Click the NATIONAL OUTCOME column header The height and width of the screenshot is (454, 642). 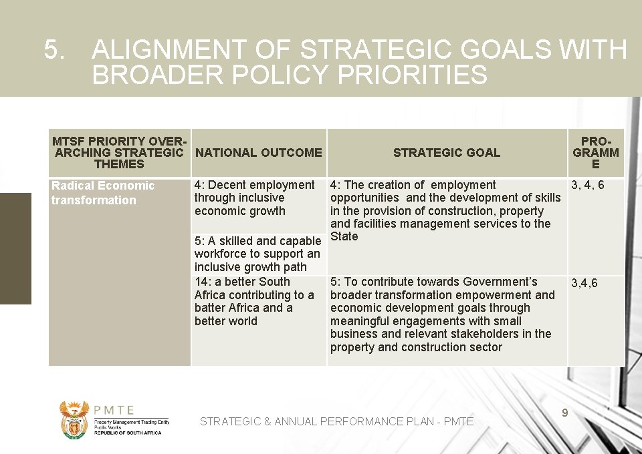pyautogui.click(x=258, y=153)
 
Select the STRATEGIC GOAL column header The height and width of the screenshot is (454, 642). pyautogui.click(x=446, y=153)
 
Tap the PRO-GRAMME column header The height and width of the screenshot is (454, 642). pyautogui.click(x=595, y=153)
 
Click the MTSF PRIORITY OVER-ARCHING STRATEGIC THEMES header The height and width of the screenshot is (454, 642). pyautogui.click(x=119, y=153)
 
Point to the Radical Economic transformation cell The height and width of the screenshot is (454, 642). pyautogui.click(x=103, y=193)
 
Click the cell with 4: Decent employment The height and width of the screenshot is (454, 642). pyautogui.click(x=254, y=198)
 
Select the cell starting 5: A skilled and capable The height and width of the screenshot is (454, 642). pyautogui.click(x=257, y=254)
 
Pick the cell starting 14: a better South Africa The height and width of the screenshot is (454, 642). pyautogui.click(x=254, y=301)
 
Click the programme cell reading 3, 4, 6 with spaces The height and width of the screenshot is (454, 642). pyautogui.click(x=586, y=185)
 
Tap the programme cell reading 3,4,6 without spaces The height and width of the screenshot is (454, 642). pyautogui.click(x=584, y=284)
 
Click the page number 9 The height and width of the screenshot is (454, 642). pyautogui.click(x=565, y=413)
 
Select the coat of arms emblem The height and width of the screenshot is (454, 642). pyautogui.click(x=74, y=419)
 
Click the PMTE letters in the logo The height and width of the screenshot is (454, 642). pyautogui.click(x=114, y=411)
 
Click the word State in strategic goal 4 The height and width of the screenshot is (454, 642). pyautogui.click(x=344, y=236)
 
